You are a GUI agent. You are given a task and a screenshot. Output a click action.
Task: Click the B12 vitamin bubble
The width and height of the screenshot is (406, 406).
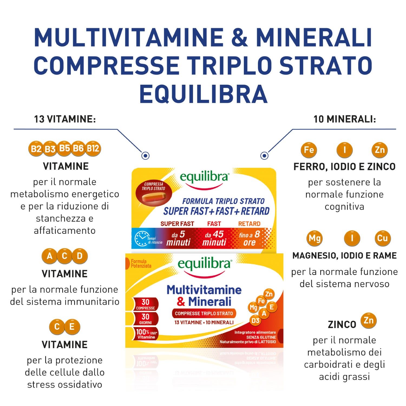point(93,149)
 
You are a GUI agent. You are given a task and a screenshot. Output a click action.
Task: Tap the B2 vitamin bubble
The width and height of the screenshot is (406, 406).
point(36,149)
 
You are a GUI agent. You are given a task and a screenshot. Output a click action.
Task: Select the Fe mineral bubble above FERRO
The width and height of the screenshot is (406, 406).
point(309,150)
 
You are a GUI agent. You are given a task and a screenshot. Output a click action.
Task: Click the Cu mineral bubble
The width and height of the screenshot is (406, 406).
point(382,238)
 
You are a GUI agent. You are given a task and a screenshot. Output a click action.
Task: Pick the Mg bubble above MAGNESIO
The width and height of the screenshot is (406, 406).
point(315,238)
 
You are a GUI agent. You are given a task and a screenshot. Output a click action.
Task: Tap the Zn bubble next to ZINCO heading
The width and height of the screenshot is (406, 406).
point(369,321)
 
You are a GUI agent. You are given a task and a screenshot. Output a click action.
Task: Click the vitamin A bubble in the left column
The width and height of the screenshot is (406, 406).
point(50,256)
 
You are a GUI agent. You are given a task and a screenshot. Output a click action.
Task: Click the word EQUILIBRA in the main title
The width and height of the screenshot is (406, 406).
point(203,94)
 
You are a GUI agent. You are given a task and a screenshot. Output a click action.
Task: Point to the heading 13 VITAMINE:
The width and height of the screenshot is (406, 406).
point(65,119)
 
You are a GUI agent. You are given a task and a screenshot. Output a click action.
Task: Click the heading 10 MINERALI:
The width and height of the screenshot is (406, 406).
point(345,119)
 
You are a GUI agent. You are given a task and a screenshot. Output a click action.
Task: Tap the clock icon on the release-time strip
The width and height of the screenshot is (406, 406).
point(141,238)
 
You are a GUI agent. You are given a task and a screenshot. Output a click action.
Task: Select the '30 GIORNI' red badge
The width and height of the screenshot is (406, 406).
point(146,319)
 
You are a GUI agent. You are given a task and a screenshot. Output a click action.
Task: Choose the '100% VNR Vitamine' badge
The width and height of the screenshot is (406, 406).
point(146,334)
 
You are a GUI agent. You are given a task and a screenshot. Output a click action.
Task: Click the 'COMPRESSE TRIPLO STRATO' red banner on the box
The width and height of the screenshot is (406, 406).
point(204,313)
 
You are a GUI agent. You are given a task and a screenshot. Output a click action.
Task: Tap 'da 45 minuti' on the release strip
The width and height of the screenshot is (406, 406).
point(214,238)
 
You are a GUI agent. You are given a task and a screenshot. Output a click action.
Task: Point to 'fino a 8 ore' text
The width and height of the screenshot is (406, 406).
point(249,238)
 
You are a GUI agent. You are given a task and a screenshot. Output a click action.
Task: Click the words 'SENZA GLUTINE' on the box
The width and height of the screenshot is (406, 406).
point(261,337)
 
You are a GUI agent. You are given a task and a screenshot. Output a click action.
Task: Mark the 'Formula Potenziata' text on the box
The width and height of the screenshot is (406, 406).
point(141,263)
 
